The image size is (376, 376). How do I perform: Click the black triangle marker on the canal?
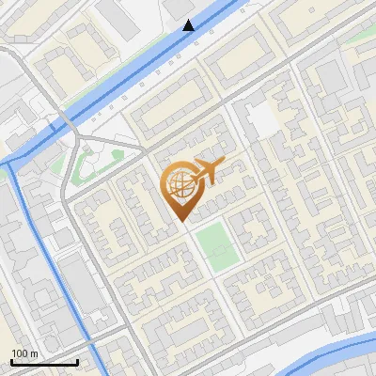click(x=189, y=25)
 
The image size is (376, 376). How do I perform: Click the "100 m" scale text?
click(x=23, y=352)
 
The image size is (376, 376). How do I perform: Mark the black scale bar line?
click(x=44, y=362)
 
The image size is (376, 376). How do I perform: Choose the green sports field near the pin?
click(x=216, y=244)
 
